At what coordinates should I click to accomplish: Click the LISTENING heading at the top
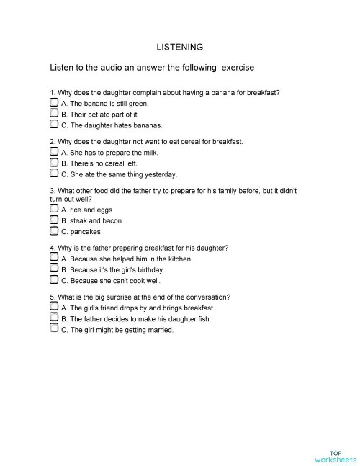tap(180, 47)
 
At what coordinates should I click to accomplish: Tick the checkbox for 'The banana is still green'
tap(54, 103)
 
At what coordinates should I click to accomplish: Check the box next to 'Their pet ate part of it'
tap(54, 113)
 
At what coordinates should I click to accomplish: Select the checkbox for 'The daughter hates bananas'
tap(54, 124)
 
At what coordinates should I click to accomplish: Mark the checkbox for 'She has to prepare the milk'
tap(54, 152)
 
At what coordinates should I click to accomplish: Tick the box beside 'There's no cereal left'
tap(54, 162)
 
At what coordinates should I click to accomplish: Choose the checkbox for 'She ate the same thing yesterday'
tap(54, 173)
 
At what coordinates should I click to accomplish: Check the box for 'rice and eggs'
tap(54, 210)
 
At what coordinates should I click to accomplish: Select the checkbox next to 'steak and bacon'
tap(54, 220)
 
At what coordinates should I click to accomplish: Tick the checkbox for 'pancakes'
tap(54, 231)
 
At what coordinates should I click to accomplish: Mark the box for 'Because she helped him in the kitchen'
tap(54, 257)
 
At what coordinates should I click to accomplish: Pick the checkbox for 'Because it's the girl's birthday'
tap(54, 269)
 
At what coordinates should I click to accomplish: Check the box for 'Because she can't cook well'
tap(54, 279)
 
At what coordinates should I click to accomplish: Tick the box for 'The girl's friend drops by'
tap(54, 307)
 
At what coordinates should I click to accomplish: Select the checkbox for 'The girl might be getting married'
tap(54, 328)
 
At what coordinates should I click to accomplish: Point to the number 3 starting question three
tap(52, 191)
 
